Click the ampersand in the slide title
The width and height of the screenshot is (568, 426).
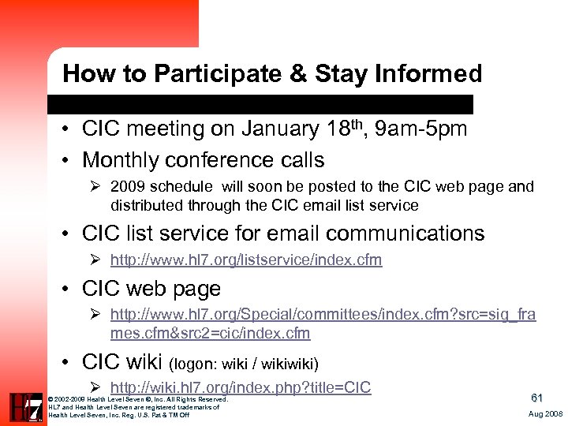tap(297, 74)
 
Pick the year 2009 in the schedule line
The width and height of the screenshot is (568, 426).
tap(129, 187)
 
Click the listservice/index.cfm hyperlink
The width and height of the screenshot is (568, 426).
tap(246, 260)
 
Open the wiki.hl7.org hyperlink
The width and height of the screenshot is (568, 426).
tap(241, 387)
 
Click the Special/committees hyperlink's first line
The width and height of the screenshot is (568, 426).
tap(323, 315)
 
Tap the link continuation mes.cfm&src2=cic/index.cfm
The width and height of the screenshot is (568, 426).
tap(210, 333)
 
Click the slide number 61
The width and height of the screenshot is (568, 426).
tap(536, 398)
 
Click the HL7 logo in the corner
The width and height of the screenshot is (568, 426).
tap(25, 406)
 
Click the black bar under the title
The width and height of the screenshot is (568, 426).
tap(260, 104)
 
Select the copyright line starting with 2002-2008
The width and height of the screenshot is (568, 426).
tap(138, 400)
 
